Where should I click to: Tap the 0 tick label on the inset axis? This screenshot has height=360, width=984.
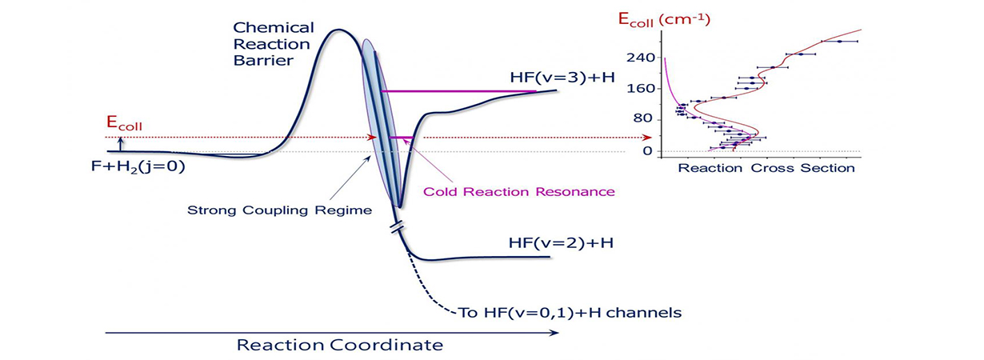pos(649,151)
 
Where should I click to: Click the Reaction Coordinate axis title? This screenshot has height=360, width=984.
pos(340,346)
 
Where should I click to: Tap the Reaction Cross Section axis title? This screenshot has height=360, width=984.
pos(766,169)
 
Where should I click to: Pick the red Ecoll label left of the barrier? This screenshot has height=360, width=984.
pos(124,124)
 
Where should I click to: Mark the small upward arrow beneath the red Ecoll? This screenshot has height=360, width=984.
pos(120,143)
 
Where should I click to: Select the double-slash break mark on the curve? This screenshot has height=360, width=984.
pos(397,228)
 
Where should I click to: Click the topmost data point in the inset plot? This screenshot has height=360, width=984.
pos(839,41)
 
